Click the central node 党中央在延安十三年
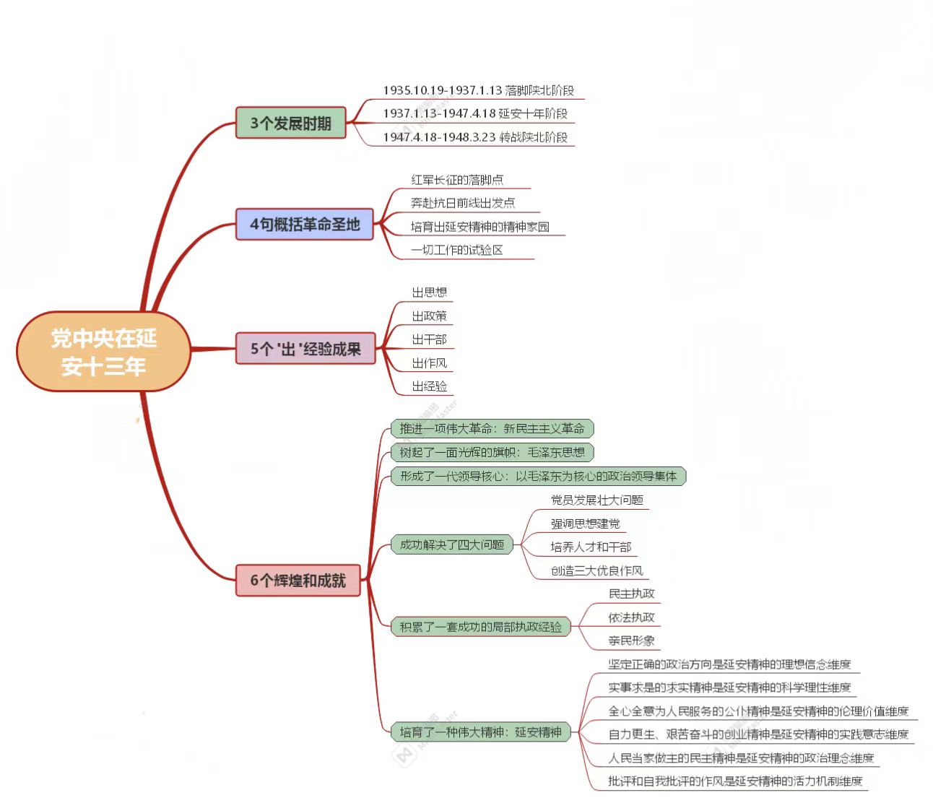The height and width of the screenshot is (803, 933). click(x=103, y=352)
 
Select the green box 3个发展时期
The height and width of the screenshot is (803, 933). click(x=290, y=123)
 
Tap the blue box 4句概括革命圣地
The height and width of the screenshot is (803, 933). click(x=305, y=225)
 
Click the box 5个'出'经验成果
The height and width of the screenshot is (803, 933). click(x=305, y=349)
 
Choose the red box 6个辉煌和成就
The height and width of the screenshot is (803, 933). click(x=298, y=581)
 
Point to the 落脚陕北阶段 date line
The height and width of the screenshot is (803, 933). click(x=478, y=90)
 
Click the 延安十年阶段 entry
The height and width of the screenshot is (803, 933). click(x=475, y=113)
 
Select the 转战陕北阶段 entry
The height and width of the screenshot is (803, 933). click(x=475, y=137)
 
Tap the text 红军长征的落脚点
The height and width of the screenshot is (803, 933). click(x=457, y=180)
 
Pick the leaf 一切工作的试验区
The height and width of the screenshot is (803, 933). click(x=456, y=250)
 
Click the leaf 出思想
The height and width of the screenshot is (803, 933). click(x=429, y=292)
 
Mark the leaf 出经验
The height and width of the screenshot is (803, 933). click(x=429, y=386)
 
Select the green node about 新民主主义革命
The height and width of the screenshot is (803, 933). click(x=492, y=429)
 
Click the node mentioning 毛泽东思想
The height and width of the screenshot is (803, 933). click(x=492, y=453)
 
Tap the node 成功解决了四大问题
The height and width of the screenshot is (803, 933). click(x=451, y=545)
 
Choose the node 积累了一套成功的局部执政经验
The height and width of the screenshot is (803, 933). click(x=480, y=627)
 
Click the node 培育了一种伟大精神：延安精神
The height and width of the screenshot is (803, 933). click(x=480, y=732)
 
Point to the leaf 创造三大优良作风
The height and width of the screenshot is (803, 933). click(x=596, y=570)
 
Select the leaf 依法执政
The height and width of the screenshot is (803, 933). click(x=631, y=617)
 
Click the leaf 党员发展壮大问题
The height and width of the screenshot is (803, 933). click(x=596, y=500)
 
